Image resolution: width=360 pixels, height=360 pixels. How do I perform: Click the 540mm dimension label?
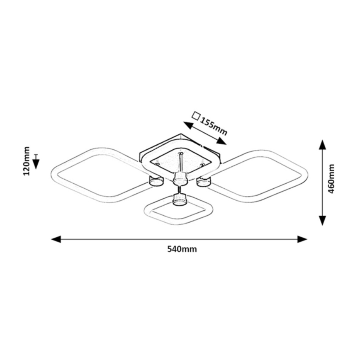click(x=182, y=249)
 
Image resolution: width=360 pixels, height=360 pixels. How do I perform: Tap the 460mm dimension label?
click(x=331, y=179)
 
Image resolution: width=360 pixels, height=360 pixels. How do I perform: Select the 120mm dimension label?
click(x=27, y=161)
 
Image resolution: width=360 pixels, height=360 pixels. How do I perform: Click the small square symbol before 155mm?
click(x=196, y=116)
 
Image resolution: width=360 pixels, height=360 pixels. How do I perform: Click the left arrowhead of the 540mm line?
click(x=56, y=239)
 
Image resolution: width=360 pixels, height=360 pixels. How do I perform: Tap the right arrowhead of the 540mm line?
click(x=302, y=239)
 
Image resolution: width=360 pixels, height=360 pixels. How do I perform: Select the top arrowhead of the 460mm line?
click(x=323, y=145)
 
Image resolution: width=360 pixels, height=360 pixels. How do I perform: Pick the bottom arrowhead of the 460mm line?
click(x=323, y=220)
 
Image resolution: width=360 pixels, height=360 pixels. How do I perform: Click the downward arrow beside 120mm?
click(x=36, y=162)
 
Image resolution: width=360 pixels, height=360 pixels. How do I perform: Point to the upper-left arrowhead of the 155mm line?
click(x=188, y=125)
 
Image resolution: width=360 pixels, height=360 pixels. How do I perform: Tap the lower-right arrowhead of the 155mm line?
click(x=221, y=141)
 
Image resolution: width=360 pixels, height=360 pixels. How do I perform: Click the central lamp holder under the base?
click(x=180, y=179)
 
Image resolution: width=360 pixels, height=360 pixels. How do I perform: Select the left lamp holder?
click(x=156, y=181)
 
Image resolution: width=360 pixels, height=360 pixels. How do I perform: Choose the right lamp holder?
click(x=203, y=181)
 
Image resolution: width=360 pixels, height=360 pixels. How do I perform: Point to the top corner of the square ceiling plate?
click(x=181, y=134)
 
